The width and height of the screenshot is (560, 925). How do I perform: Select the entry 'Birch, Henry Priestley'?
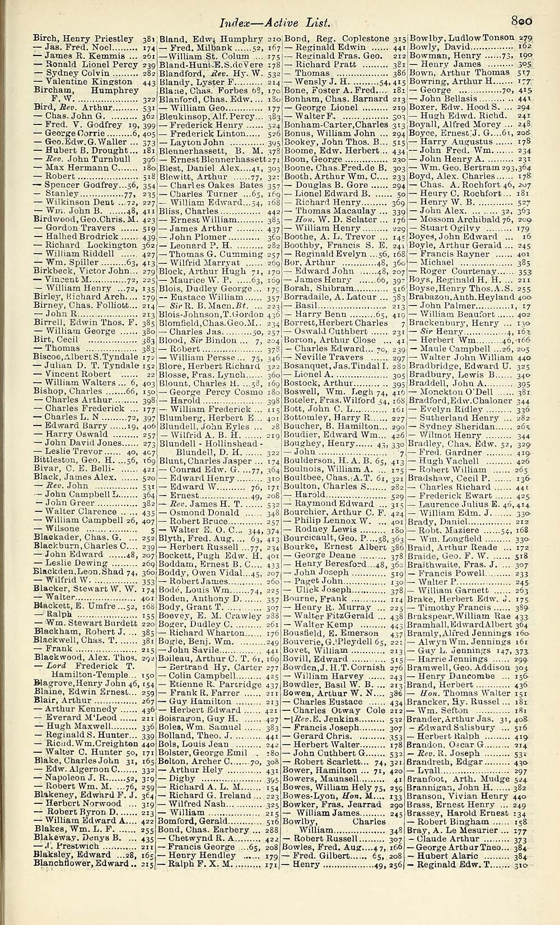tap(83, 39)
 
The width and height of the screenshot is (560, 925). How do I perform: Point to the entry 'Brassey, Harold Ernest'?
tap(459, 813)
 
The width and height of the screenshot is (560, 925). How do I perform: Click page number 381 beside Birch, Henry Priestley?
tap(148, 39)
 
